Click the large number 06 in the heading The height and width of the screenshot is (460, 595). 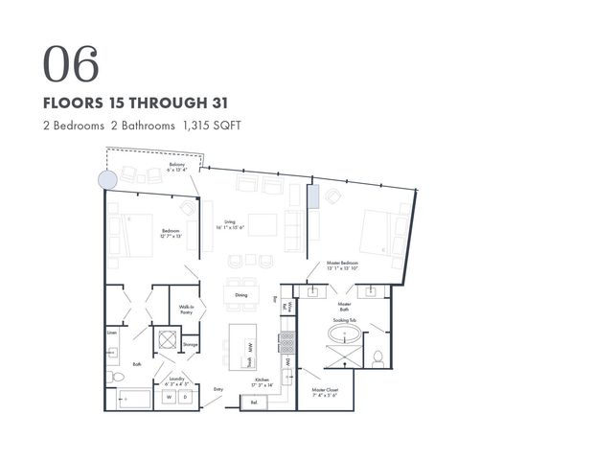click(71, 63)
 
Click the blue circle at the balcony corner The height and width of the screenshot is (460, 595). click(107, 178)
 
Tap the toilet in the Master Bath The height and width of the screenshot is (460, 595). click(378, 359)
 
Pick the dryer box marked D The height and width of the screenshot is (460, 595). click(186, 396)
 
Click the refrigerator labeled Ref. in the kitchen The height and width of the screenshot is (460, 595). click(254, 402)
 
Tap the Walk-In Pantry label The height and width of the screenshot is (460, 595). click(187, 310)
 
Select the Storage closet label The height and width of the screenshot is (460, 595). click(190, 344)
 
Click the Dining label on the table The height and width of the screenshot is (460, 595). click(240, 295)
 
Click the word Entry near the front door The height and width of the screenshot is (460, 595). click(217, 388)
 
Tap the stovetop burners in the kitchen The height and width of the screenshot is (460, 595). click(286, 340)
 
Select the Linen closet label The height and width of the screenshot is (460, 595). click(112, 333)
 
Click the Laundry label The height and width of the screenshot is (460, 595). click(177, 379)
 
